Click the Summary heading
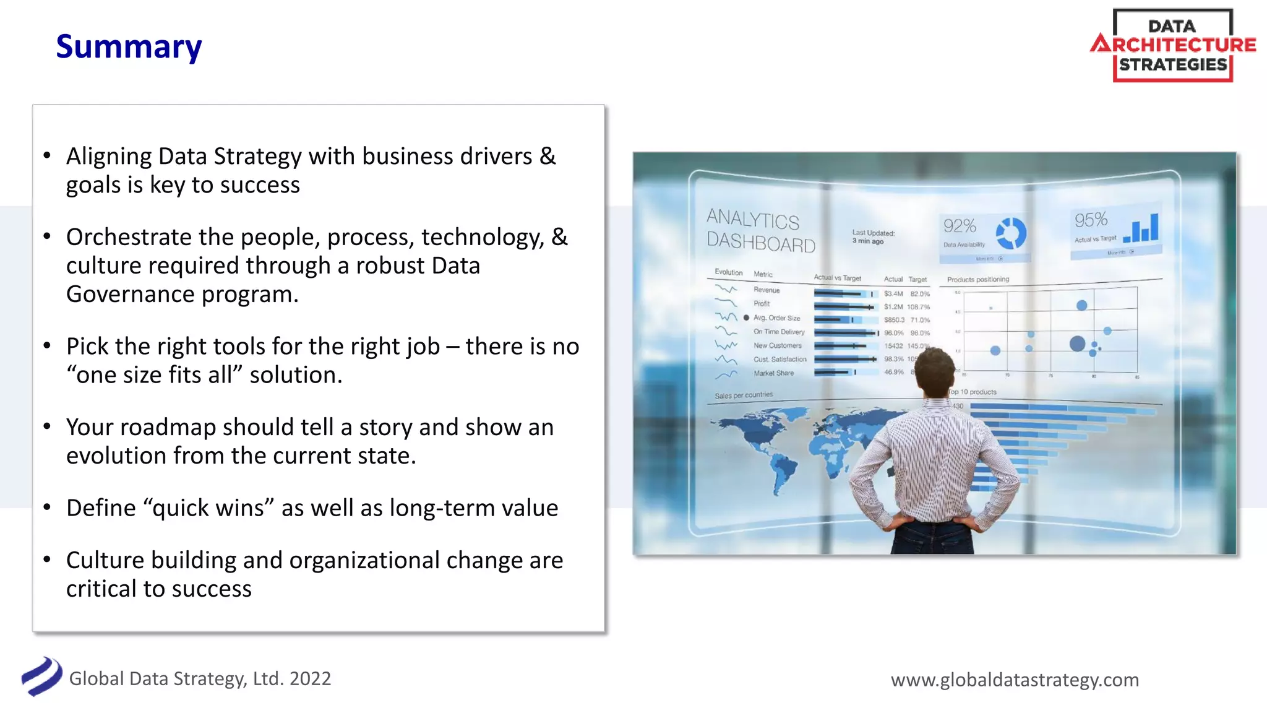point(129,47)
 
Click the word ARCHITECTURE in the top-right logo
point(1174,45)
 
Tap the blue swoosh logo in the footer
point(41,676)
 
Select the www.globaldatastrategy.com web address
point(1015,680)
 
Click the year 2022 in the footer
point(310,678)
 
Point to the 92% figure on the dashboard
point(960,226)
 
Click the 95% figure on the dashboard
point(1091,220)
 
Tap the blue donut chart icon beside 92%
point(1011,234)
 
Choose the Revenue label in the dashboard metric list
point(767,290)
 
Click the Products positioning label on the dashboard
point(977,280)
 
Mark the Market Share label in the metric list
point(773,373)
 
